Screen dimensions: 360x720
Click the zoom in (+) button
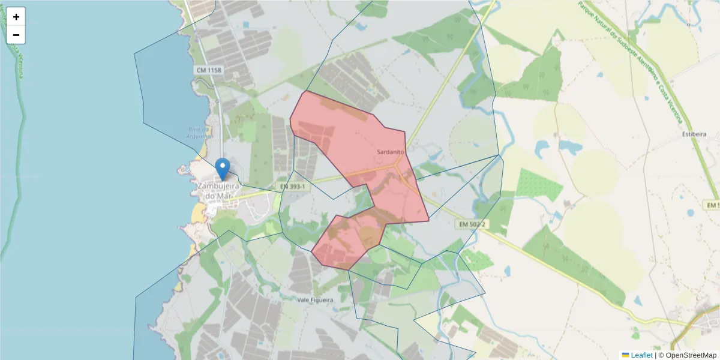(16, 17)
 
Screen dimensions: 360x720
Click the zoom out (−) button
(16, 35)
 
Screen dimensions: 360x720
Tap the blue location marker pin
(223, 169)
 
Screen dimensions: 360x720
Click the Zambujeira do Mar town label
(218, 191)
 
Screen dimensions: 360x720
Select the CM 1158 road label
(209, 70)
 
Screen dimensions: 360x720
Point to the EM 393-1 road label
(293, 187)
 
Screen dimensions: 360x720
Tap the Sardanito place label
(391, 152)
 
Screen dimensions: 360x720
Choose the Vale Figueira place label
(315, 299)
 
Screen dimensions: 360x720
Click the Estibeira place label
(694, 134)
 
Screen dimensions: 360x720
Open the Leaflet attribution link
(641, 355)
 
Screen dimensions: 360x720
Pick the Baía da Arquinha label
(198, 133)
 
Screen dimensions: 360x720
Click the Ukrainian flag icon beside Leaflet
(625, 355)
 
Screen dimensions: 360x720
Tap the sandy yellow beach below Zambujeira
(197, 212)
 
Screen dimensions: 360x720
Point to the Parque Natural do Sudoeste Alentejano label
(630, 60)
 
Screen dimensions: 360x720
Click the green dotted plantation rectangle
(539, 185)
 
